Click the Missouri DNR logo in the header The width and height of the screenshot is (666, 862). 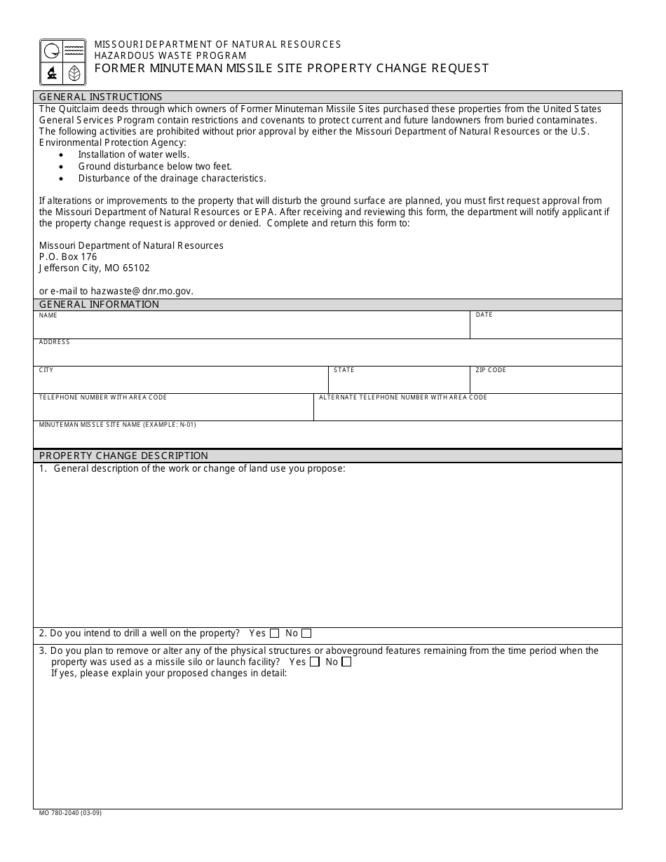[63, 62]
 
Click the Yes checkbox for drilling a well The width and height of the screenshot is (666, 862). [274, 634]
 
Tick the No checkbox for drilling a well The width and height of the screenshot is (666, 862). [306, 634]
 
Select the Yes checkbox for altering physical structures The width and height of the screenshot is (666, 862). [315, 662]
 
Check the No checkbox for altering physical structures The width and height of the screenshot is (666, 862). [346, 662]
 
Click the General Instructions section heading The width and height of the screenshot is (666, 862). [100, 97]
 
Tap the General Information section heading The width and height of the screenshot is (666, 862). [99, 304]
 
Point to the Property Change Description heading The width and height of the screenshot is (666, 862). [123, 456]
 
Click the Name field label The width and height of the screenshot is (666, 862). [48, 315]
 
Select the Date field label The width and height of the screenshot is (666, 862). [484, 315]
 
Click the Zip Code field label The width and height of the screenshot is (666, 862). [490, 370]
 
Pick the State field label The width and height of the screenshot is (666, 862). [344, 370]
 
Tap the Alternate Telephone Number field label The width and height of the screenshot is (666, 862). [402, 397]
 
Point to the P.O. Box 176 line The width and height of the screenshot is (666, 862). [68, 256]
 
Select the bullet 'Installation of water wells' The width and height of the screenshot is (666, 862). [134, 154]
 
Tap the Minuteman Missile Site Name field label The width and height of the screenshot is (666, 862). [117, 425]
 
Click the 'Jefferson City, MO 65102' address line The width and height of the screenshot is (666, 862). [94, 268]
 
